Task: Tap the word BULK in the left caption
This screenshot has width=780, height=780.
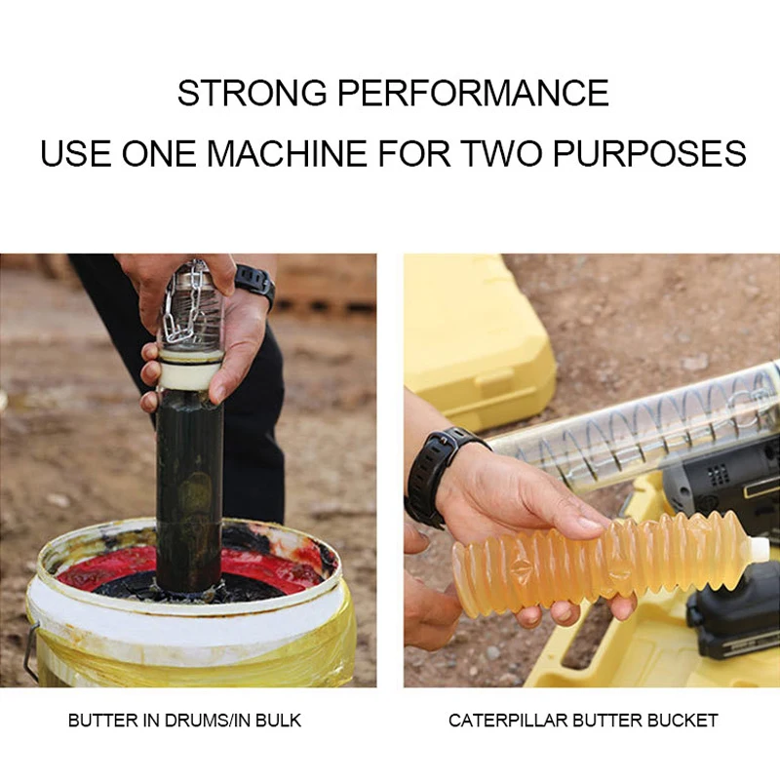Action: pyautogui.click(x=281, y=721)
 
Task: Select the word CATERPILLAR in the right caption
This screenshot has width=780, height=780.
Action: pyautogui.click(x=507, y=721)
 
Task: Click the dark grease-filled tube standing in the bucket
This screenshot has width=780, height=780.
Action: pyautogui.click(x=189, y=487)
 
